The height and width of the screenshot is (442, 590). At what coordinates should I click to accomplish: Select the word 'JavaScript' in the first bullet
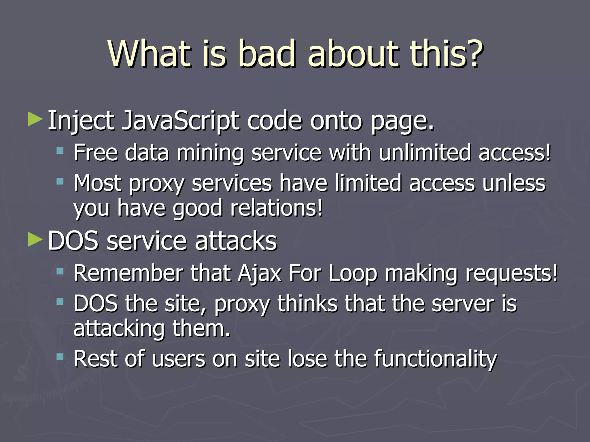click(181, 121)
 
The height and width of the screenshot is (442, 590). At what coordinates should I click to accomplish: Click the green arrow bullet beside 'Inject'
click(35, 119)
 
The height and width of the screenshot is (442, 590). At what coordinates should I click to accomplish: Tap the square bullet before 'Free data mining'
click(60, 151)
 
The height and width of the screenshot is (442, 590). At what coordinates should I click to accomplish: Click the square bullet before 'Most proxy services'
click(60, 181)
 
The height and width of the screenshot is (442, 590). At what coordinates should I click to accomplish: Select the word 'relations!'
click(276, 208)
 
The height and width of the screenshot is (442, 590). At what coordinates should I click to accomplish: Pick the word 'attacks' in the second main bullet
click(236, 241)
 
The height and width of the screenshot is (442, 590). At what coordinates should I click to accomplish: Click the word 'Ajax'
click(260, 273)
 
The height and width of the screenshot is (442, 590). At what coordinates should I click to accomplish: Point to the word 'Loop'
click(353, 273)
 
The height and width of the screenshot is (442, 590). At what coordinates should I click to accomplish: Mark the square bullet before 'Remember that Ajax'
click(60, 271)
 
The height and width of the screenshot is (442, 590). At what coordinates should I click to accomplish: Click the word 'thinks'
click(307, 304)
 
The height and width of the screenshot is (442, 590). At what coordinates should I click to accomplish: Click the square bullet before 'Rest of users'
click(60, 357)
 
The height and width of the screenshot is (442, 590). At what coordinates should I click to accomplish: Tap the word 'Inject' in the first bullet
click(81, 121)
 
